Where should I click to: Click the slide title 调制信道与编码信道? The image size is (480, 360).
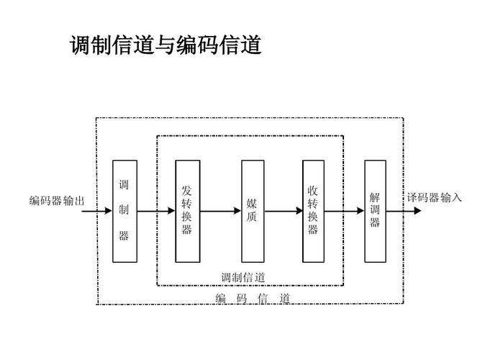[165, 46]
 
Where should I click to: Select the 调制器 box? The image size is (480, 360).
[124, 210]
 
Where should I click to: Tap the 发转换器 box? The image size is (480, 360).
[187, 210]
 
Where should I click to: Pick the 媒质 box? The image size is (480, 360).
[253, 210]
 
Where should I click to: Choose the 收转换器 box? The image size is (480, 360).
[314, 210]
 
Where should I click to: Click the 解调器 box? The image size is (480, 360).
[375, 210]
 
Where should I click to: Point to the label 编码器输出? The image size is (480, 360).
[57, 202]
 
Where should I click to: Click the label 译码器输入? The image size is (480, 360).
[434, 198]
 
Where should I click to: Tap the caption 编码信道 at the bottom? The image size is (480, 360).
[253, 299]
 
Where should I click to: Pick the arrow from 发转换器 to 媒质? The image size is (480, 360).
[220, 212]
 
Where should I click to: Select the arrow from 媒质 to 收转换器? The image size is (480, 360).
[283, 212]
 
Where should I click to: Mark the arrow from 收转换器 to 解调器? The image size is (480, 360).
[345, 212]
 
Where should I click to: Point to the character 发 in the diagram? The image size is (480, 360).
[187, 191]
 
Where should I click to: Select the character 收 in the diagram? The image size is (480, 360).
[314, 191]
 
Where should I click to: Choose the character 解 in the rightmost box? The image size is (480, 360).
[375, 197]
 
